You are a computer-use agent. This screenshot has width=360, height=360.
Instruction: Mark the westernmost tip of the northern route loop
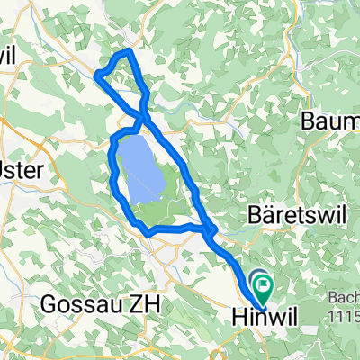(95, 76)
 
